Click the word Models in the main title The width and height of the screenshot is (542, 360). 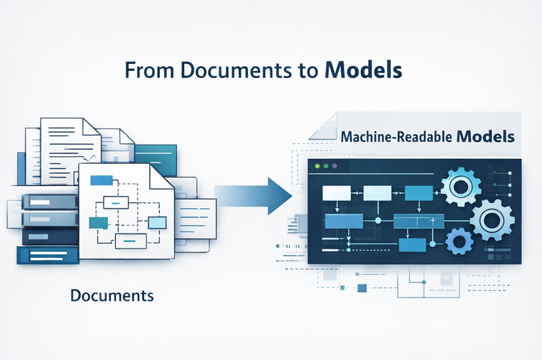point(363,72)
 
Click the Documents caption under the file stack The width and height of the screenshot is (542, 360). point(112,295)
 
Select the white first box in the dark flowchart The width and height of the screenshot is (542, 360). point(337,192)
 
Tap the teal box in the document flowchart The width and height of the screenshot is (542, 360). point(97,222)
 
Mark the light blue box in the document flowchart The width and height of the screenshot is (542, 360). point(156,222)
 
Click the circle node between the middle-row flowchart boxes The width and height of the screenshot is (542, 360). point(377,221)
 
